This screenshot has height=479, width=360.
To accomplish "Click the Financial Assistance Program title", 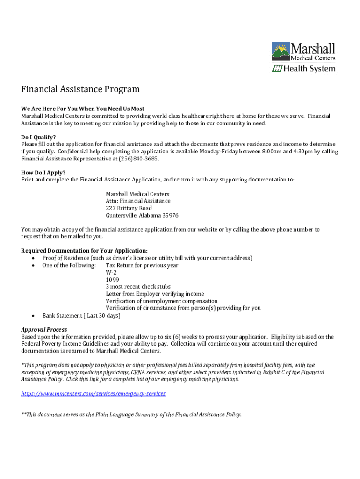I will (x=80, y=89).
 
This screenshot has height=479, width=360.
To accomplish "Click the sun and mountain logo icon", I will (x=281, y=51).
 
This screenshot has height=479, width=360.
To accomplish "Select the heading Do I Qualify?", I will (x=38, y=137).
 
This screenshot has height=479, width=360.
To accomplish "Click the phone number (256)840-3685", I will (x=139, y=159).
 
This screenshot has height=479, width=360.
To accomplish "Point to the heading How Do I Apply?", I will (x=43, y=172).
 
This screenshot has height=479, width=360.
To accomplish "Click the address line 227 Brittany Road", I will (x=129, y=208).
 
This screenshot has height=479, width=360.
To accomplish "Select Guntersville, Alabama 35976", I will (x=142, y=216).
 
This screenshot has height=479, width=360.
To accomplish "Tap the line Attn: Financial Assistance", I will (x=138, y=201).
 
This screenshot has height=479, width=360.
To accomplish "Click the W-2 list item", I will (x=111, y=272).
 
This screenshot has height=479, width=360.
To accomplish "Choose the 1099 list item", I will (x=112, y=279).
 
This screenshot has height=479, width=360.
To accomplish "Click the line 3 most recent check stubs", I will (x=138, y=287).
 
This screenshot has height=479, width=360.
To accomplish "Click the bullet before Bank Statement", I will (x=32, y=316).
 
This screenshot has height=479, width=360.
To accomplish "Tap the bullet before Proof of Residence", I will (x=32, y=258).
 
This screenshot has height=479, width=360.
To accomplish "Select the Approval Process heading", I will (x=44, y=330).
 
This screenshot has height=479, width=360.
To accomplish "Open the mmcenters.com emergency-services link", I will (x=93, y=394).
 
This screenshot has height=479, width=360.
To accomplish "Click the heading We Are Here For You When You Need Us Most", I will (x=83, y=109).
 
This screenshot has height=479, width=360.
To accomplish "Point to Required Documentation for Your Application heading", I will (x=84, y=251).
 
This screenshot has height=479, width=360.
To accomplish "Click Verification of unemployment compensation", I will (x=161, y=301).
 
